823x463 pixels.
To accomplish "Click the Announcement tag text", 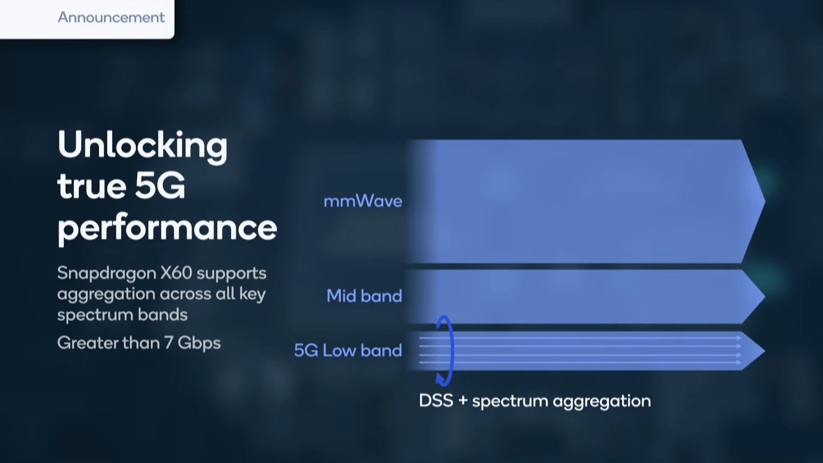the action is coord(111,18).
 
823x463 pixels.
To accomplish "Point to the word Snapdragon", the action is coord(107,274).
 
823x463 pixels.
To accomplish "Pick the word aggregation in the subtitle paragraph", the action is coord(106,295).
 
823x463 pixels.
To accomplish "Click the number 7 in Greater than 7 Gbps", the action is coord(169,343).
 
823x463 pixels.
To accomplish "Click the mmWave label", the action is coord(363,201).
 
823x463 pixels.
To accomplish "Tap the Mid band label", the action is coord(364,296).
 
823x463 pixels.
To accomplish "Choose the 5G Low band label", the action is coord(348,351).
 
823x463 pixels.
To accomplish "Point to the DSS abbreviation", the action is coord(436,401).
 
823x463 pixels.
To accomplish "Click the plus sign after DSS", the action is coord(463,401).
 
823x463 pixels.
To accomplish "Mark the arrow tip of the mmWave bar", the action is coord(765,201).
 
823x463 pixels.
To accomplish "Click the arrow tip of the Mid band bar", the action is coord(765,297).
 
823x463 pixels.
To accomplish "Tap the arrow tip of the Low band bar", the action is coord(765,351).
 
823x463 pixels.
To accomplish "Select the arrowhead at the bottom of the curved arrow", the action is coord(441,379).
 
